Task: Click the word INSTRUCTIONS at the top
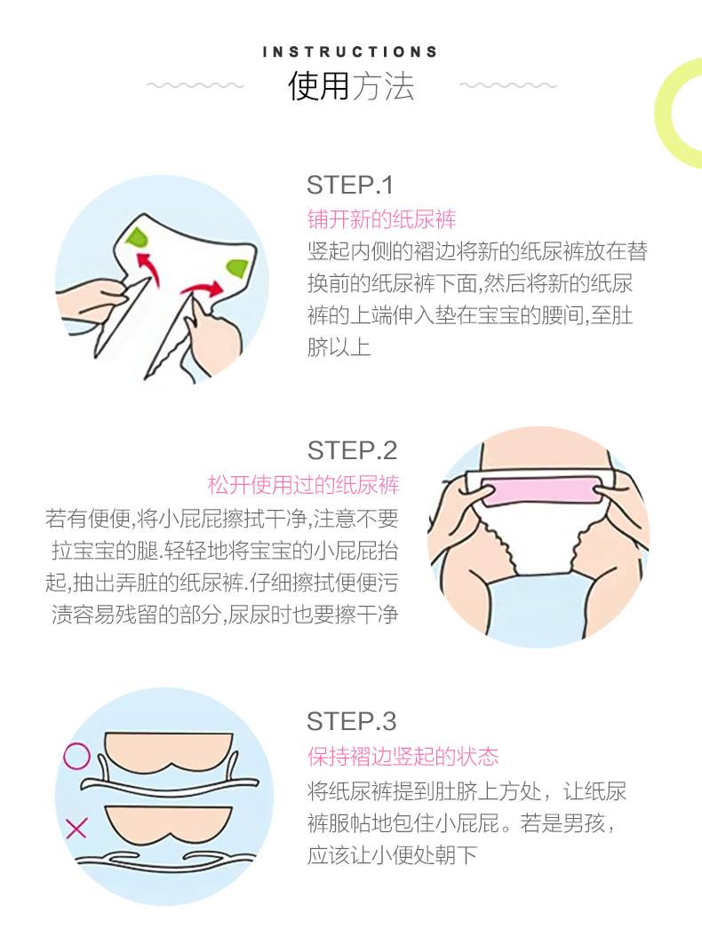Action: tap(350, 52)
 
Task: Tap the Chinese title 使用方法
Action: tap(351, 86)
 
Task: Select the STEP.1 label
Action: tap(350, 186)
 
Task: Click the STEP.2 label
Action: tap(352, 451)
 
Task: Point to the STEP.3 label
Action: tap(352, 722)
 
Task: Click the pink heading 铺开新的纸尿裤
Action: tap(382, 219)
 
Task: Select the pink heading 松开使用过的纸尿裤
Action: tap(304, 485)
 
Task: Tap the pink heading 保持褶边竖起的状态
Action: tap(403, 756)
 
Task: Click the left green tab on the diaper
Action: tap(137, 238)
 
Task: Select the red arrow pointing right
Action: tap(203, 290)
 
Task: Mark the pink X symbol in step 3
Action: tap(76, 828)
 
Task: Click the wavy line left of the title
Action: tap(195, 85)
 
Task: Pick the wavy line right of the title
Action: tap(508, 85)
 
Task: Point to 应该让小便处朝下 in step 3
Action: tap(392, 855)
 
